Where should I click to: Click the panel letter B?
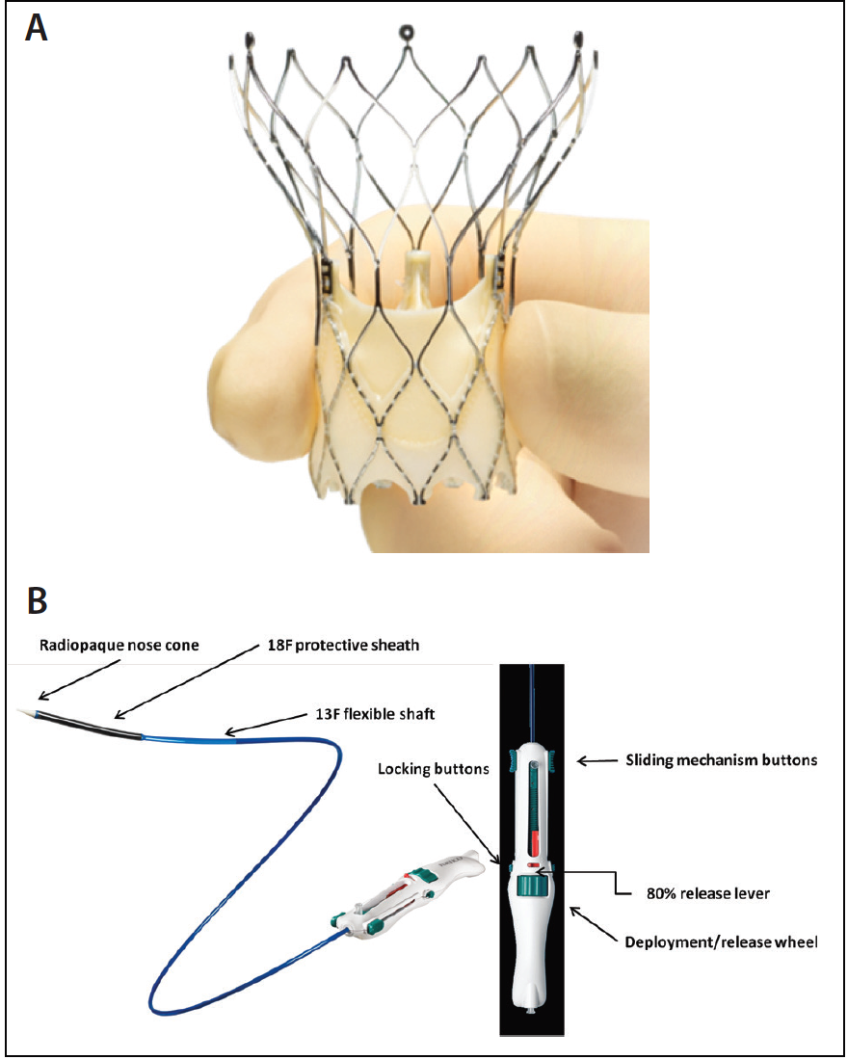point(37,601)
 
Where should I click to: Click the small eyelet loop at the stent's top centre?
point(406,32)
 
